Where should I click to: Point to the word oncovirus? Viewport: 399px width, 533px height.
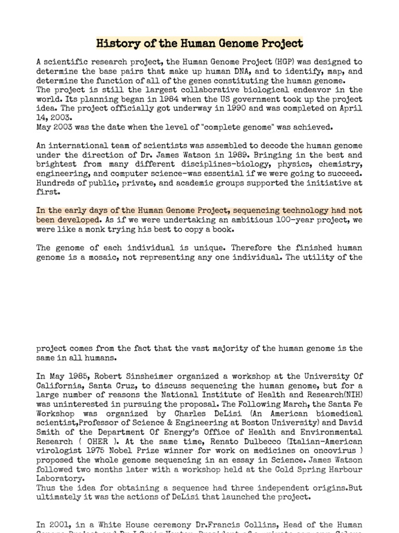[337, 451]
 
